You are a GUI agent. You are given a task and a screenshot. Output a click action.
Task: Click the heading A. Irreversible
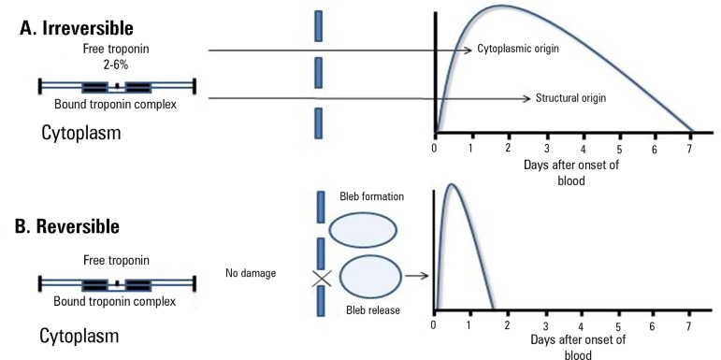click(77, 28)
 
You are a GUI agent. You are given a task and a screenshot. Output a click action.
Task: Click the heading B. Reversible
click(67, 226)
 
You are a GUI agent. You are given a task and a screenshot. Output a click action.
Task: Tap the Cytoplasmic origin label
click(518, 49)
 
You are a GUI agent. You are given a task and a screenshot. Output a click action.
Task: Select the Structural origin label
click(570, 98)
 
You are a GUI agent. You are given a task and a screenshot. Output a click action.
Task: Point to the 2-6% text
click(116, 65)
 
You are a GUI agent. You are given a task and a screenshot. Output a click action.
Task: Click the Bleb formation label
click(372, 196)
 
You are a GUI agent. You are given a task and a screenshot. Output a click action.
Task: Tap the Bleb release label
click(373, 310)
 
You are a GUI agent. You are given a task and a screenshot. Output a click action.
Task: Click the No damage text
click(251, 273)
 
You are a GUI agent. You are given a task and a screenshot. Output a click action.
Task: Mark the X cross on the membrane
click(322, 278)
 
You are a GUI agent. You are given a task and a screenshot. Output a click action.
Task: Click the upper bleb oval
click(363, 230)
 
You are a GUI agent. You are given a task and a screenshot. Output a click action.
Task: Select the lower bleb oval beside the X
click(370, 277)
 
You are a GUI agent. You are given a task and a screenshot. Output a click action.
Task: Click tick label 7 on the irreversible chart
click(689, 149)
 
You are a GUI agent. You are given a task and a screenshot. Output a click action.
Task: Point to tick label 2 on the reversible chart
click(507, 325)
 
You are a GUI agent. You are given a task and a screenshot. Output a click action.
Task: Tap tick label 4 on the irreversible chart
click(583, 149)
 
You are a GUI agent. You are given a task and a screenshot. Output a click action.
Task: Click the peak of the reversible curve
click(452, 184)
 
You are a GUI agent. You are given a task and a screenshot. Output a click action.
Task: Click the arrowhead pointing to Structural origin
click(527, 98)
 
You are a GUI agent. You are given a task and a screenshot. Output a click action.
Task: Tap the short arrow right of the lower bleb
click(417, 276)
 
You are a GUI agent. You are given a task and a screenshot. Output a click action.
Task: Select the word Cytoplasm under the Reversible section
click(79, 336)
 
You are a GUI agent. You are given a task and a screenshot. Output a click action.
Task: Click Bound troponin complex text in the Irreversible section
click(115, 104)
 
